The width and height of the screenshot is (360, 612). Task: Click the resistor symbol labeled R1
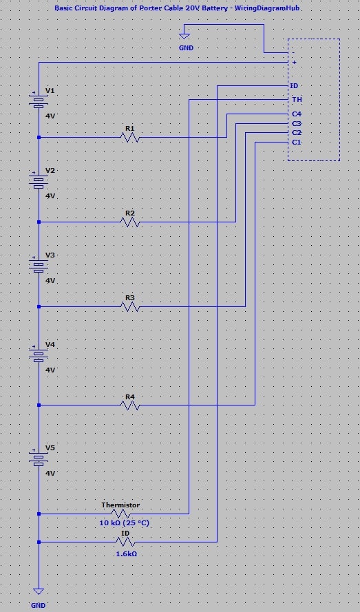point(130,138)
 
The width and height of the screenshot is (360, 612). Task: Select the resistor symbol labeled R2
point(130,222)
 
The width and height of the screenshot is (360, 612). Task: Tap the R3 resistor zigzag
point(130,307)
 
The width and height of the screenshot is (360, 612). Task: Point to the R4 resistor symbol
point(130,406)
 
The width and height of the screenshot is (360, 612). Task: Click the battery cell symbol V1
point(39,102)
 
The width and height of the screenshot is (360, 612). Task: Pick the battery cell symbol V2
point(39,182)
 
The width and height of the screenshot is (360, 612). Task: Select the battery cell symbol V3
point(39,266)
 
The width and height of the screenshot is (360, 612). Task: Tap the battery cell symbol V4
point(39,355)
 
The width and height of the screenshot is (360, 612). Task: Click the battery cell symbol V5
point(39,459)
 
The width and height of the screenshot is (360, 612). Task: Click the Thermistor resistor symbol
point(121,514)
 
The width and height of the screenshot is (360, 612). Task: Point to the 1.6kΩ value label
point(125,553)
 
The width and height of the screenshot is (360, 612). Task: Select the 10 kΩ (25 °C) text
point(125,523)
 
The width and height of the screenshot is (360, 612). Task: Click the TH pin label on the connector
point(296,100)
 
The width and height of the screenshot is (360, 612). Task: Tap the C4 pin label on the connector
point(296,114)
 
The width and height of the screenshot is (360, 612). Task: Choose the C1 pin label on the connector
point(296,142)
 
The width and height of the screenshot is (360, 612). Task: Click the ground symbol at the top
point(184,36)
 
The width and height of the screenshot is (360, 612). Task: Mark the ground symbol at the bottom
point(39,591)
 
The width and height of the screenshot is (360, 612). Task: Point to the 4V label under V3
point(50,281)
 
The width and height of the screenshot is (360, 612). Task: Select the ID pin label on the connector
point(295,86)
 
